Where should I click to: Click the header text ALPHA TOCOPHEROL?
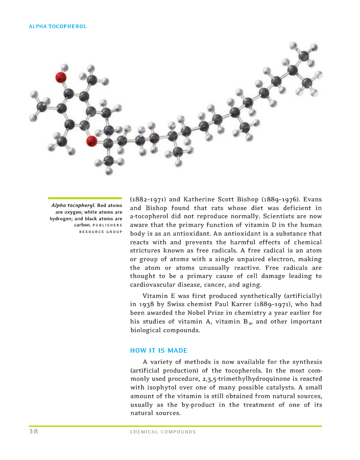point(58,26)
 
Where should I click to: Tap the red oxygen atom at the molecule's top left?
point(61,78)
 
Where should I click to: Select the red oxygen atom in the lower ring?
point(92,141)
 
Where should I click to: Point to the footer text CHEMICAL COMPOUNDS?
point(163,432)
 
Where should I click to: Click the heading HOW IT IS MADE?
point(159,350)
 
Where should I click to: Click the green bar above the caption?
point(85,198)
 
